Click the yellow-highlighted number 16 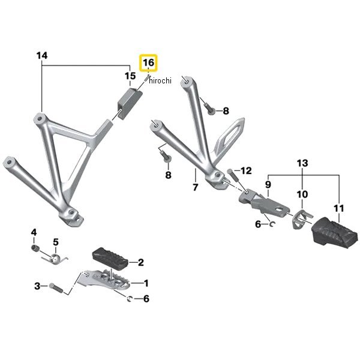point(148,62)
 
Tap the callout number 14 point(41,56)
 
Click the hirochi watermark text point(159,80)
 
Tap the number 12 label point(247,171)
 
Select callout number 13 point(302,163)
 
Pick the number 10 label point(302,194)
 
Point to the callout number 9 point(268,185)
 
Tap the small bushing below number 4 point(35,248)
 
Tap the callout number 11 point(339,209)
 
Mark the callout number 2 point(140,262)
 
